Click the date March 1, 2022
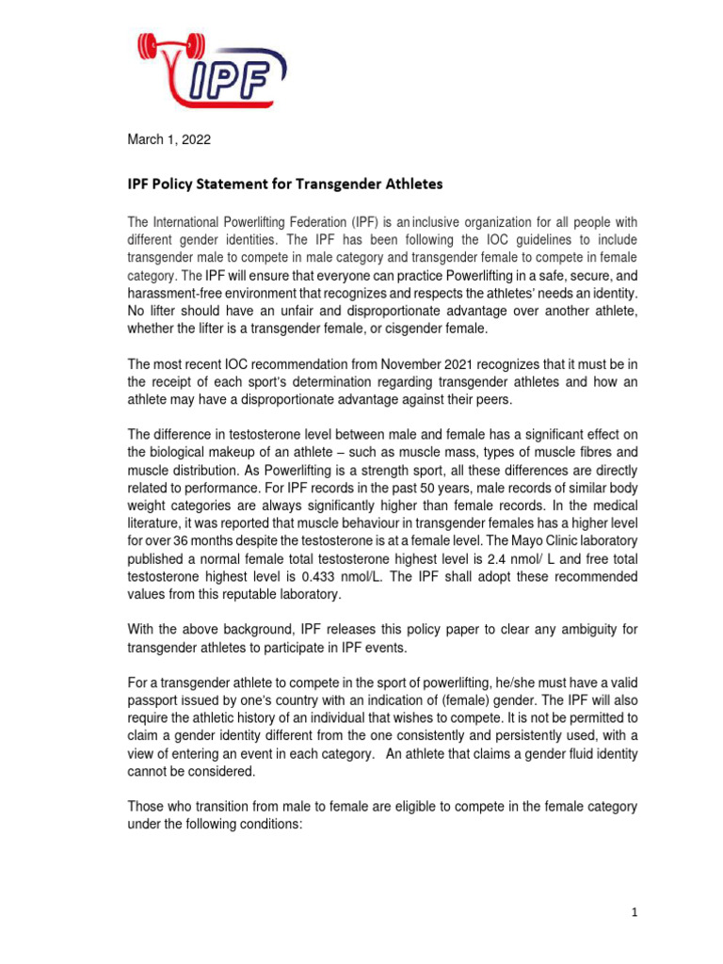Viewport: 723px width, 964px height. [169, 140]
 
